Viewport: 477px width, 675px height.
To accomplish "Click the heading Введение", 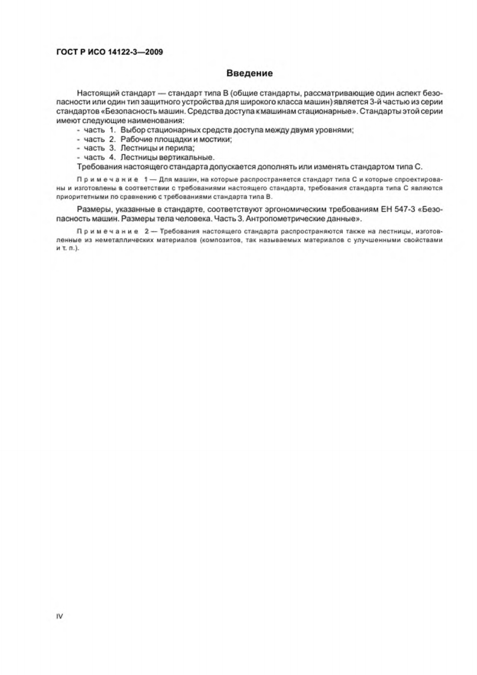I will tap(250, 73).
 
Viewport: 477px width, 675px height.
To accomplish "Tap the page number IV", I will tap(59, 617).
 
